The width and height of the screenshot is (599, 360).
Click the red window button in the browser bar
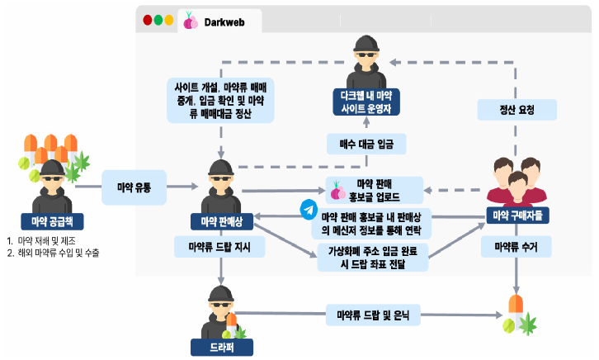(148, 20)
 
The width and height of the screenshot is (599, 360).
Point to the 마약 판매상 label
(221, 221)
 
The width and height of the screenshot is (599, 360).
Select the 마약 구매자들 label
(517, 216)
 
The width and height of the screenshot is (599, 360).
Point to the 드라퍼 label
(221, 347)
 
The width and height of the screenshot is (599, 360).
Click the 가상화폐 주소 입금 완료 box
(373, 257)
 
